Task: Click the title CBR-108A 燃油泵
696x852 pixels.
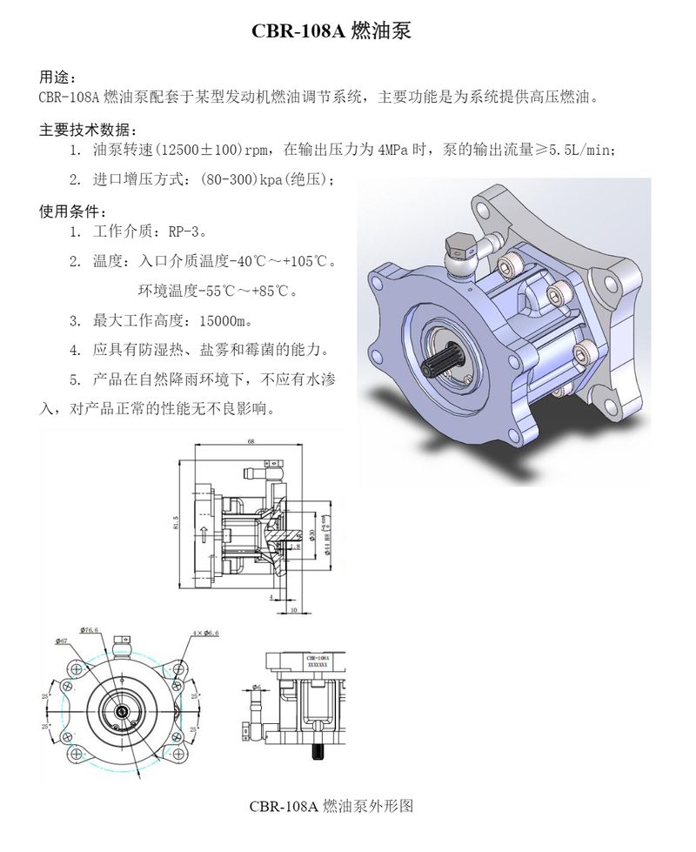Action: (330, 32)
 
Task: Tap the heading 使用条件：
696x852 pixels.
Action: (74, 211)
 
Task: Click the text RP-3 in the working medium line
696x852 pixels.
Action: (184, 232)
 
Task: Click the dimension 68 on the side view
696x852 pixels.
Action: (251, 443)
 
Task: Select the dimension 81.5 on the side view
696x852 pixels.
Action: (176, 523)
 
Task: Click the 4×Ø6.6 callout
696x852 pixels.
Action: (205, 634)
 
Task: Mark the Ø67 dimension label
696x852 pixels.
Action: (61, 641)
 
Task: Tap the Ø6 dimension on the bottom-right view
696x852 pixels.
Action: (258, 688)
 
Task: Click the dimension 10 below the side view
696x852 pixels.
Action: (293, 611)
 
